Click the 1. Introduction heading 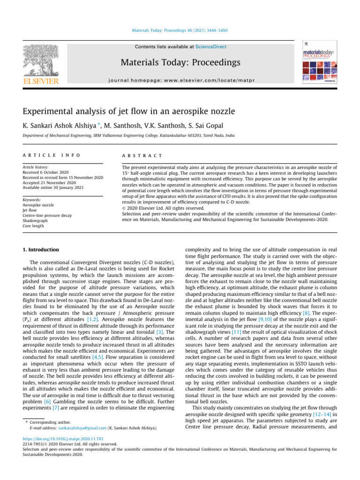point(41,250)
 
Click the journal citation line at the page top point(180,31)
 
